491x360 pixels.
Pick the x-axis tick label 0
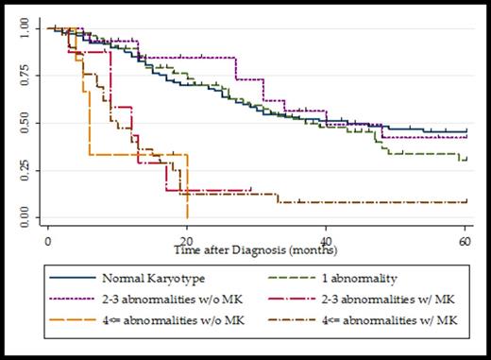pos(47,243)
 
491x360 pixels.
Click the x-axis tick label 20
pos(187,243)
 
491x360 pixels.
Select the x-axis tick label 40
pos(327,243)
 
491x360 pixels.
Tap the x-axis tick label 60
pos(466,243)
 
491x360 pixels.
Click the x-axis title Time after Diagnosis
pos(257,253)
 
